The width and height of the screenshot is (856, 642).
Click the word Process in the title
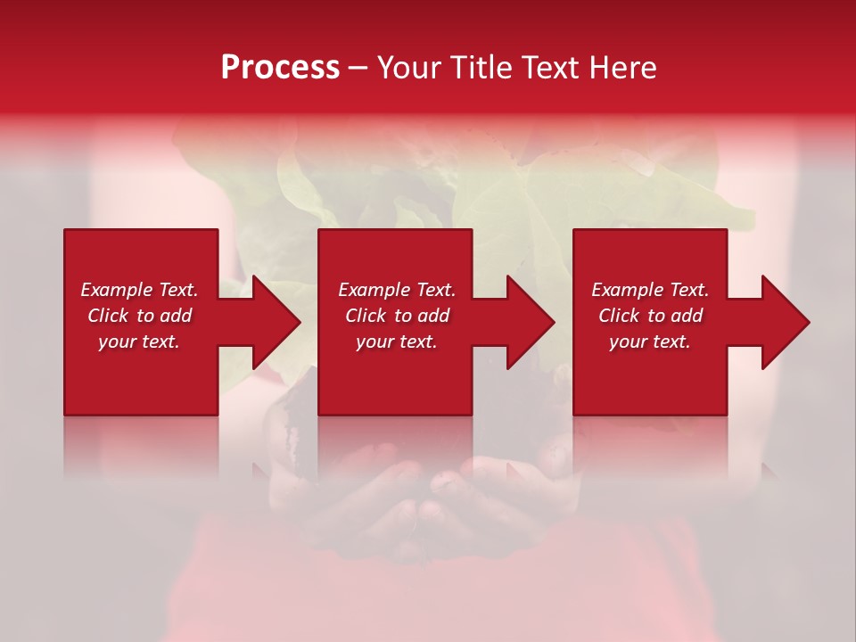tap(280, 68)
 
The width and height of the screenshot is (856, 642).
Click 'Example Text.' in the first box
tap(139, 290)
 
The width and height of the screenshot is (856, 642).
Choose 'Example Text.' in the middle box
tap(397, 290)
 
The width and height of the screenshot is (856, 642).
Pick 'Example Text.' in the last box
tap(650, 290)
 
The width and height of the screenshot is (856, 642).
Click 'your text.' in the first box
tap(139, 342)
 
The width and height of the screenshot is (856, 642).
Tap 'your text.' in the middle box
tap(397, 342)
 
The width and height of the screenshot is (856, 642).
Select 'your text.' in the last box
tap(650, 342)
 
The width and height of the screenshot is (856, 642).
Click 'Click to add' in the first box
tap(139, 316)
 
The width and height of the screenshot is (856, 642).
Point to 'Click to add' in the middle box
tap(397, 316)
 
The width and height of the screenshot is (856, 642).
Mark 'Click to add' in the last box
tap(650, 316)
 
